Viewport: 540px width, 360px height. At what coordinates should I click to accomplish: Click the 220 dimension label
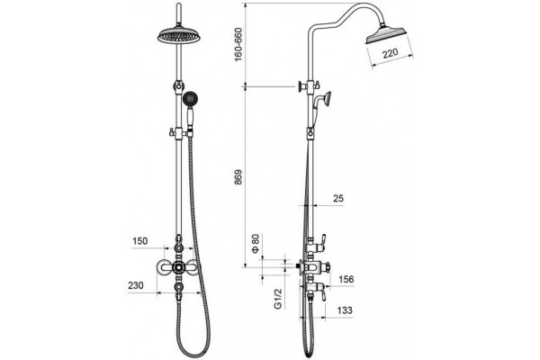390,53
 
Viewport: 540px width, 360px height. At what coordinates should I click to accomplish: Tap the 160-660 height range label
238,44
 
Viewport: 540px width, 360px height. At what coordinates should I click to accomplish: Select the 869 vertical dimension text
238,177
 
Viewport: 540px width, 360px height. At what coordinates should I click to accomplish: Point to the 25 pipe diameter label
338,198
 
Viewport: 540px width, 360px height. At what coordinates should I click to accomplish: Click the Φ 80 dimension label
256,244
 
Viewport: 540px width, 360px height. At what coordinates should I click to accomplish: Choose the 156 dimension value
346,279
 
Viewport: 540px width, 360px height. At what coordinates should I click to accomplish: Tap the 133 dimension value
345,310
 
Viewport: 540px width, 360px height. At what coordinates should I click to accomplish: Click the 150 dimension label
139,241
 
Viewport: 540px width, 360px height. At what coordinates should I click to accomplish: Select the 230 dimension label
136,285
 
